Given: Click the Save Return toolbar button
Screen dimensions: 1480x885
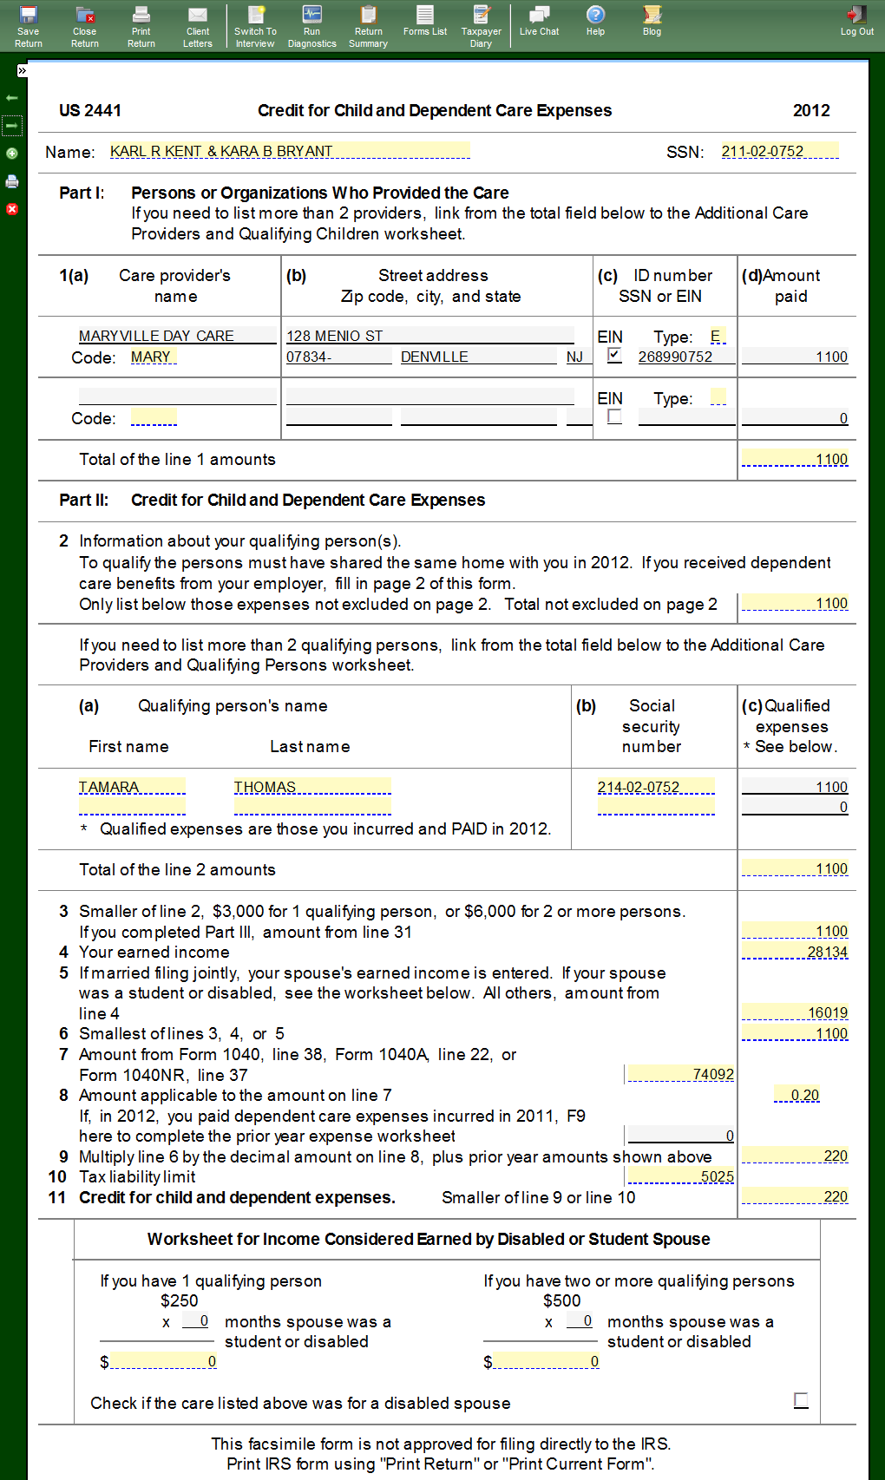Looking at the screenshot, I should pos(29,25).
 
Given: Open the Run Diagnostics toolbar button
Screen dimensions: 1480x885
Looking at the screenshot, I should pos(311,25).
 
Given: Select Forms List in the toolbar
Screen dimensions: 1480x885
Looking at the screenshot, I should pos(425,21).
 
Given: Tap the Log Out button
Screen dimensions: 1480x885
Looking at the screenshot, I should pos(856,21).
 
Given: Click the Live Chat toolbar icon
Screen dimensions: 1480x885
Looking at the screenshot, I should pos(539,21).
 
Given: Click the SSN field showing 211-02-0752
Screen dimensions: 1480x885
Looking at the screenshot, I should pos(779,151).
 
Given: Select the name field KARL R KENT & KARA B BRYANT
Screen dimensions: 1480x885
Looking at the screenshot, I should pos(289,151).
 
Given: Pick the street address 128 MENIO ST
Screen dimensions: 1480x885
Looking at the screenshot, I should pos(429,336).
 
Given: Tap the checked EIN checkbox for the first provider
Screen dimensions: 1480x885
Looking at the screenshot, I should pos(614,355).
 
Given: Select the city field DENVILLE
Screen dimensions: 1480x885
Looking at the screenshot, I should pos(477,357).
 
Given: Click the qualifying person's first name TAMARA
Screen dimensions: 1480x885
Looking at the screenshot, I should pos(132,787).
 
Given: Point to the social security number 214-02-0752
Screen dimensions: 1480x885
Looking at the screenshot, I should pos(655,787).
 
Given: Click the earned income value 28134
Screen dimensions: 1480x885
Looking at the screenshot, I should pos(795,952).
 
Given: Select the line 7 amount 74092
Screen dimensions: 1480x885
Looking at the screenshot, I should pos(680,1074).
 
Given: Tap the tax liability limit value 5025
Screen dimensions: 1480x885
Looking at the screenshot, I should pos(680,1176).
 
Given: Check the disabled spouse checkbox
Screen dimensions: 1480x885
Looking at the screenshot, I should pos(801,1400).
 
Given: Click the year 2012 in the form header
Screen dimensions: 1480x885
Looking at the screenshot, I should pos(811,110).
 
